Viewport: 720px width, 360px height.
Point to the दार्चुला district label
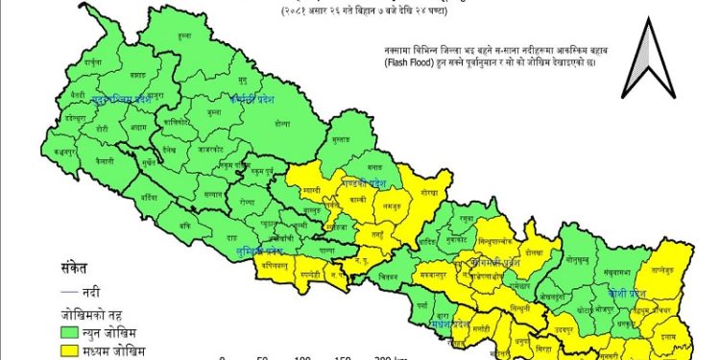(92, 61)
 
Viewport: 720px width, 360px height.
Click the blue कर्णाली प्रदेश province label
(252, 99)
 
